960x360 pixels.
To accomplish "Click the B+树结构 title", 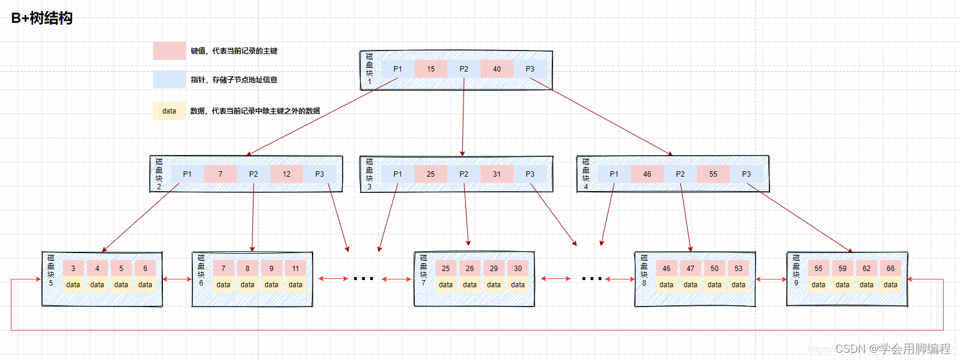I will pyautogui.click(x=42, y=18).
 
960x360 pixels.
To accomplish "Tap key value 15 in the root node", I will pyautogui.click(x=430, y=69).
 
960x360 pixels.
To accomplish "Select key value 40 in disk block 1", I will pyautogui.click(x=497, y=69).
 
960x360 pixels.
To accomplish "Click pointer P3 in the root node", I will pyautogui.click(x=530, y=69).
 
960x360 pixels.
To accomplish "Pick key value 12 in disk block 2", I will pyautogui.click(x=286, y=174).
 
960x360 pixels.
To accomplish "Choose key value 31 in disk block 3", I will pyautogui.click(x=497, y=174).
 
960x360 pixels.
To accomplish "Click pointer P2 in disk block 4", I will pyautogui.click(x=680, y=174).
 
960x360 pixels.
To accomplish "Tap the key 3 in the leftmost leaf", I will pyautogui.click(x=73, y=269).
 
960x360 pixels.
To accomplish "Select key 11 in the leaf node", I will pyautogui.click(x=295, y=269).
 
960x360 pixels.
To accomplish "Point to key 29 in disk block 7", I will pyautogui.click(x=494, y=269).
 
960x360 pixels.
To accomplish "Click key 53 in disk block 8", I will pyautogui.click(x=738, y=269).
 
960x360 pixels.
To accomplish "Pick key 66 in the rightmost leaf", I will pyautogui.click(x=890, y=269).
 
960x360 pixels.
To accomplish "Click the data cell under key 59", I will pyautogui.click(x=842, y=285).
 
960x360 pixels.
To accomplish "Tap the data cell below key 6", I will pyautogui.click(x=145, y=285).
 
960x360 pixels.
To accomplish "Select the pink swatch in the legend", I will pyautogui.click(x=169, y=51).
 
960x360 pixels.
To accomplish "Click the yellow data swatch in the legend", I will pyautogui.click(x=169, y=111).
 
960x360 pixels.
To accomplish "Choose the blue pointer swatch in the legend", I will pyautogui.click(x=169, y=80).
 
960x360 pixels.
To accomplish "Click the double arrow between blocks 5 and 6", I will pyautogui.click(x=177, y=279).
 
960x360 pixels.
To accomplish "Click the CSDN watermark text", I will pyautogui.click(x=893, y=349).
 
